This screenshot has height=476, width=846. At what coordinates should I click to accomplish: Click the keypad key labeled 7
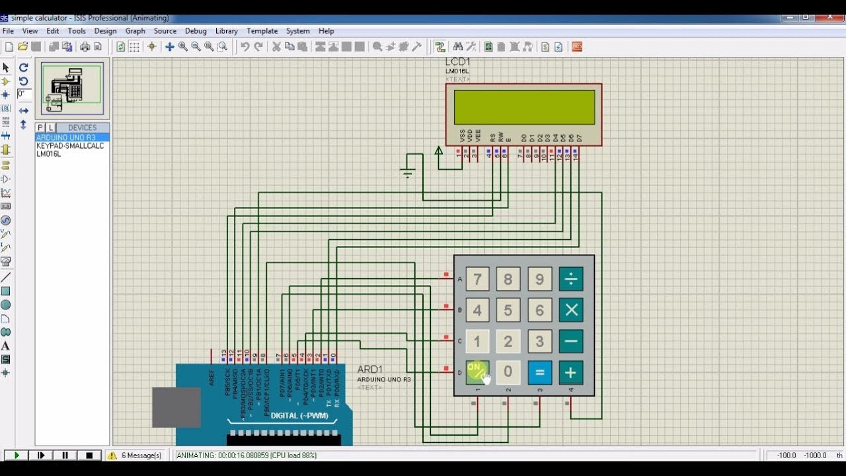point(477,279)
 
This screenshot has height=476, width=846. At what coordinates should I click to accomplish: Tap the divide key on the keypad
point(570,279)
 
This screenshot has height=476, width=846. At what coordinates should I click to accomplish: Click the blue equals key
point(539,372)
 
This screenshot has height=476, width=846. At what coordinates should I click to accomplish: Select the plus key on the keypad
point(570,372)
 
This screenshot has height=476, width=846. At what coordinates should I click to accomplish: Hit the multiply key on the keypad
point(570,310)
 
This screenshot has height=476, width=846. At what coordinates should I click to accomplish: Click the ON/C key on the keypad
point(477,372)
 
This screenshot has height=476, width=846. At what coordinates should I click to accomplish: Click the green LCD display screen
point(524,107)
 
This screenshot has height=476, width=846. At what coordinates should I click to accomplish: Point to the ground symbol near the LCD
point(407,173)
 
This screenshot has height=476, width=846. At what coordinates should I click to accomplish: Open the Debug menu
point(196,31)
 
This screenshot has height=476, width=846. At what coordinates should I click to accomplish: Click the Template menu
point(262,31)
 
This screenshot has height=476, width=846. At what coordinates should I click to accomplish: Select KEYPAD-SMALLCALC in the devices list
point(70,145)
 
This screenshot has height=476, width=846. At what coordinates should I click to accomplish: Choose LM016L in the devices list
point(49,154)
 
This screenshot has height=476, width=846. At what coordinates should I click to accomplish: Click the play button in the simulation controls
point(17,456)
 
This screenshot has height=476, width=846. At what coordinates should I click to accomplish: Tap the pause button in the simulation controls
point(65,456)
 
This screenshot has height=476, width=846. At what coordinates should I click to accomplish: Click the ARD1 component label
point(369,369)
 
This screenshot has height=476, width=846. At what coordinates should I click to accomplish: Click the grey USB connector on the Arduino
point(176,407)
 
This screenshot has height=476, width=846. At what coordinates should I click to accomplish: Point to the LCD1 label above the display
point(457,62)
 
